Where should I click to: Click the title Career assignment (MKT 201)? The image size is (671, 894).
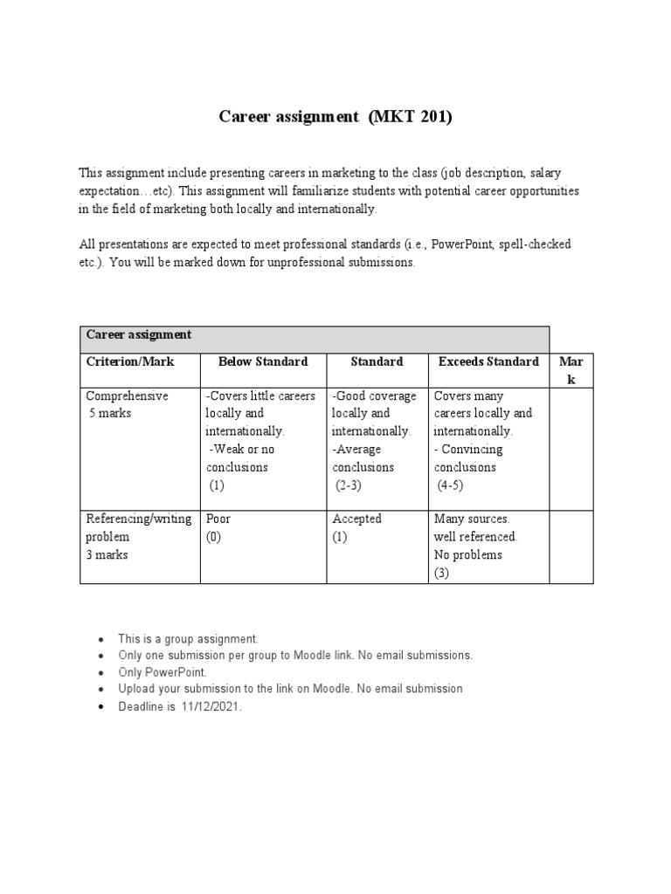(x=335, y=117)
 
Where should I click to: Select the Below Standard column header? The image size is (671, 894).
(x=263, y=361)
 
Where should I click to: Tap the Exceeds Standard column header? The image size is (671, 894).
(x=488, y=361)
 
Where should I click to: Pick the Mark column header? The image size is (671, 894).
(x=571, y=370)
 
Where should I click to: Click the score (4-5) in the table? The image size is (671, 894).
(x=453, y=485)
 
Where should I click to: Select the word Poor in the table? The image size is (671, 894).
(x=218, y=519)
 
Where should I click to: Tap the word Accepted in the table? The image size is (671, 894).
(x=356, y=519)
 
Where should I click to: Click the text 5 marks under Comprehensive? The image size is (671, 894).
(x=110, y=413)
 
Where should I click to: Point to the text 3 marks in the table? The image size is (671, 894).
(x=107, y=554)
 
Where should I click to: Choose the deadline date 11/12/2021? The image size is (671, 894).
(x=211, y=707)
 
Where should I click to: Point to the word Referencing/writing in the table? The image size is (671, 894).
(x=138, y=519)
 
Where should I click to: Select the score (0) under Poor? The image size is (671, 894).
(x=214, y=537)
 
